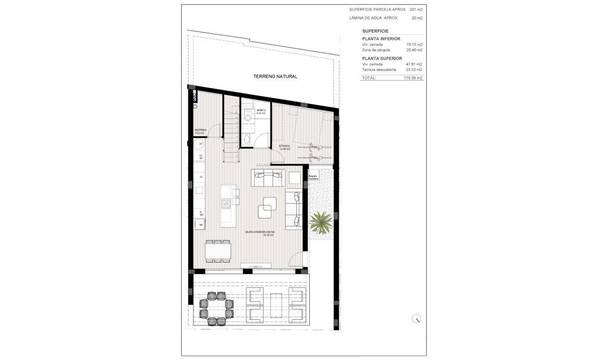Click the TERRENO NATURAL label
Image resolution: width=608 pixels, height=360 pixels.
pos(275,76)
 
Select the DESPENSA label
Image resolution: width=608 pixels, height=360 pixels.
pos(200,131)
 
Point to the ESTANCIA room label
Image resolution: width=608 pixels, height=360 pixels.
pos(284,147)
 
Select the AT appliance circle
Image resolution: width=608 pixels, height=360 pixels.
pos(201,144)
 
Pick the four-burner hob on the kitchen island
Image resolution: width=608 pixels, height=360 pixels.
pos(226,204)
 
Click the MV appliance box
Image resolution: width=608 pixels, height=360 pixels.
pos(201,225)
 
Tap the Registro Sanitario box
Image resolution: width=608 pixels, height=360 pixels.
pos(313,177)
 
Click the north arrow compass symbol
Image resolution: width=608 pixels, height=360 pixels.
pos(417,318)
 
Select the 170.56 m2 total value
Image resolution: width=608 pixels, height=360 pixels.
pos(413,78)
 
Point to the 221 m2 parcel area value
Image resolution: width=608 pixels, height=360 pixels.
pos(416,9)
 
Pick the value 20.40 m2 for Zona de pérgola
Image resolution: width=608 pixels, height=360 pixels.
pos(414,50)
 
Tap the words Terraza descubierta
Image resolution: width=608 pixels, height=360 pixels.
pos(379,69)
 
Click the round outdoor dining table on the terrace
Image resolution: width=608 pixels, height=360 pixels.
pos(216,308)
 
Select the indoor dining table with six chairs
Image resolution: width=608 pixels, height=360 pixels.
pos(218,251)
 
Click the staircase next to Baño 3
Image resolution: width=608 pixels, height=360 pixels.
pos(232,134)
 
